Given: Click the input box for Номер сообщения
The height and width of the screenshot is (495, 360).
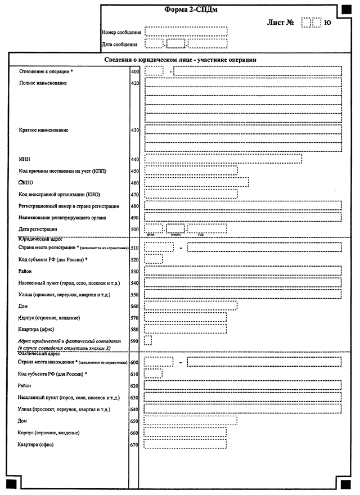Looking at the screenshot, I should click(x=186, y=31).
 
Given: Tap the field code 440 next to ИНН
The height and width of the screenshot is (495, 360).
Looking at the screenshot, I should click(x=134, y=160).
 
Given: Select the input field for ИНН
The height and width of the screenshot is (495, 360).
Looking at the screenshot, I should click(x=223, y=159).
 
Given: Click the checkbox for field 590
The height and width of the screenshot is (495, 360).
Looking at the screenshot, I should click(x=148, y=340).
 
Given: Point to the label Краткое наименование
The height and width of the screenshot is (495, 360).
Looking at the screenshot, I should click(x=44, y=130).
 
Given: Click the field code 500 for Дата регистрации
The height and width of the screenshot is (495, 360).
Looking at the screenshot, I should click(x=134, y=229).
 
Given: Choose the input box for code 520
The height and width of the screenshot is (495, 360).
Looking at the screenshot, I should click(x=154, y=259).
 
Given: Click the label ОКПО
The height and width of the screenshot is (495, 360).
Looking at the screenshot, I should click(x=26, y=183).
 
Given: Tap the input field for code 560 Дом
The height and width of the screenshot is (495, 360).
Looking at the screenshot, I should click(x=191, y=306).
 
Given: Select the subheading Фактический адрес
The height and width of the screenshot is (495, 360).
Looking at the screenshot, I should click(x=39, y=354).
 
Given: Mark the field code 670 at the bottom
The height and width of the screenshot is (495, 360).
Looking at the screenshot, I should click(x=134, y=445).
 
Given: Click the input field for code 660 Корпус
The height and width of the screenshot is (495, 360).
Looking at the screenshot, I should click(x=185, y=433).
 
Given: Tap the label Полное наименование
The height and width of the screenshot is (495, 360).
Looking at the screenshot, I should click(x=43, y=83).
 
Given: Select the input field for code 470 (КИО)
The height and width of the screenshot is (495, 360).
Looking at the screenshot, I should click(x=191, y=194).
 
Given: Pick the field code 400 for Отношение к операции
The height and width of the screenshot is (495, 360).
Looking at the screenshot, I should click(x=134, y=72).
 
